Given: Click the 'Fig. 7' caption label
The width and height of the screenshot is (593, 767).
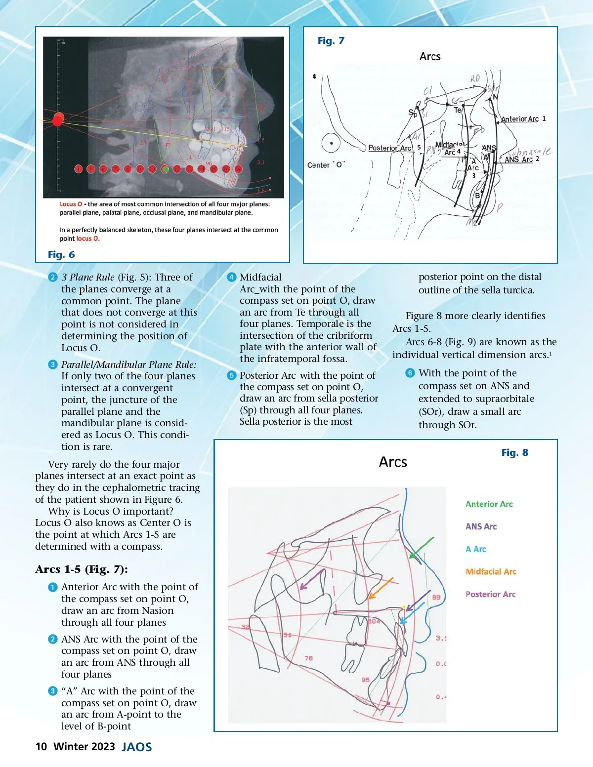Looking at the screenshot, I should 331,41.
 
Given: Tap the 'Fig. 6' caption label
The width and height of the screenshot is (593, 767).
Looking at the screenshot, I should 61,254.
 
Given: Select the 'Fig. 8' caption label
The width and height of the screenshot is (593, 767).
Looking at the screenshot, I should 514,452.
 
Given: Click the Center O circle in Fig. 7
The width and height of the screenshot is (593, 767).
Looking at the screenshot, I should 331,143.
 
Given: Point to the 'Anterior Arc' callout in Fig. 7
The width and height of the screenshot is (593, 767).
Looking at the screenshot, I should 520,119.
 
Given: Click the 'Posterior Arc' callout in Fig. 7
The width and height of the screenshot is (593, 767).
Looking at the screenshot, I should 390,148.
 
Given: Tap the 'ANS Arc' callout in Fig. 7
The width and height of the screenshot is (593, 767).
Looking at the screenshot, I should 518,160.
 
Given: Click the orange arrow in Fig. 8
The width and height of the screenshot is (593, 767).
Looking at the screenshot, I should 381,588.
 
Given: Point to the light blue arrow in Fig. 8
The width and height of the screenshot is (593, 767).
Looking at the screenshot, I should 412,612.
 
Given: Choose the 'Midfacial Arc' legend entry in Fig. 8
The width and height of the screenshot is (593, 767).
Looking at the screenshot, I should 491,571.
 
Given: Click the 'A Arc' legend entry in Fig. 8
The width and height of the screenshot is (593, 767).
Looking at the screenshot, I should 475,549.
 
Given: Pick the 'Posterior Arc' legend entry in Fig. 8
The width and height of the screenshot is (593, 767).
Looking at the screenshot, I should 490,594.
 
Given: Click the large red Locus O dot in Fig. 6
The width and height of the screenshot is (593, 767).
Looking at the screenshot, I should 58,120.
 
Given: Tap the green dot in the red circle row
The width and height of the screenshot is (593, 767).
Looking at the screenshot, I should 165,169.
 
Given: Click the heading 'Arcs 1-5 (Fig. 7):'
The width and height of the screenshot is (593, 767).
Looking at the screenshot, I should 82,569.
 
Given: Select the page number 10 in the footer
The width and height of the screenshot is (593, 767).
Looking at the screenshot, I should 41,746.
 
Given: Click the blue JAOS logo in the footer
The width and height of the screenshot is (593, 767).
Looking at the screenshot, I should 137,747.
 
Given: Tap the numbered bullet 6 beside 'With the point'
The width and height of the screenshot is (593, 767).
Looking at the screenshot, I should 410,373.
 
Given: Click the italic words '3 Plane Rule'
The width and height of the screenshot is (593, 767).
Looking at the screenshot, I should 87,277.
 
